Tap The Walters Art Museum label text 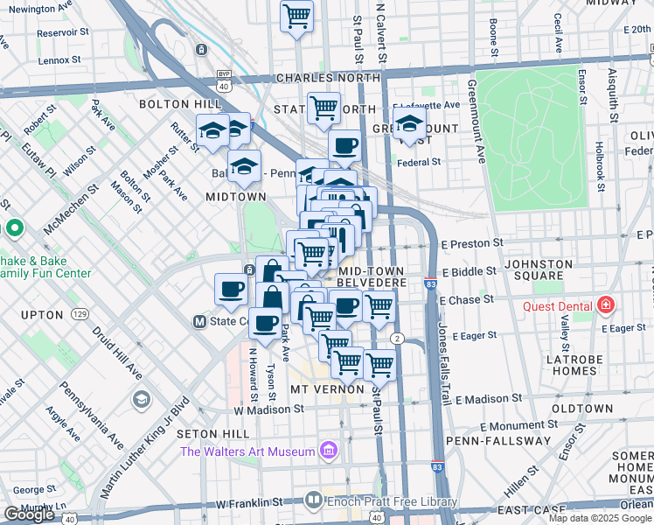(247, 451)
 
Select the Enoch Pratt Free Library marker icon (314, 501)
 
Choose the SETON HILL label (208, 434)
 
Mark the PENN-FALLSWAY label (490, 440)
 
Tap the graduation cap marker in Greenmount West (409, 128)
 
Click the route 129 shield (80, 314)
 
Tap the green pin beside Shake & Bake (13, 229)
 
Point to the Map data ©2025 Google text (600, 518)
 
